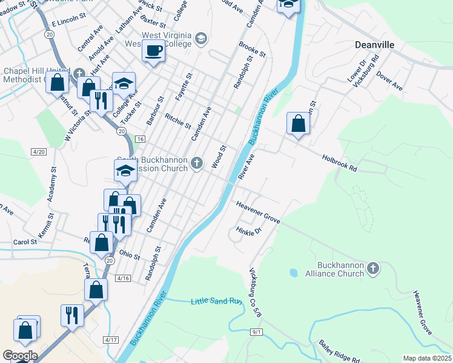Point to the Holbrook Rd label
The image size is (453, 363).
click(340, 160)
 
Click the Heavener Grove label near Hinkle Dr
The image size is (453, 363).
click(258, 214)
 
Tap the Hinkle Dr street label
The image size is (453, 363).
click(248, 231)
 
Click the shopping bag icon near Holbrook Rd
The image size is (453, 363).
click(298, 123)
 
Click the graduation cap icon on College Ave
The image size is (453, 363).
click(124, 83)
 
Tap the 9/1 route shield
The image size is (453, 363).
click(256, 332)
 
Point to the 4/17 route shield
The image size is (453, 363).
click(110, 340)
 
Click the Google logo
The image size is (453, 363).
click(19, 356)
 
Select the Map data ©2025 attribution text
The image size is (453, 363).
click(427, 358)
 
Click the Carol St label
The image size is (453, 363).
click(25, 242)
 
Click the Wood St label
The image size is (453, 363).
click(219, 156)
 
